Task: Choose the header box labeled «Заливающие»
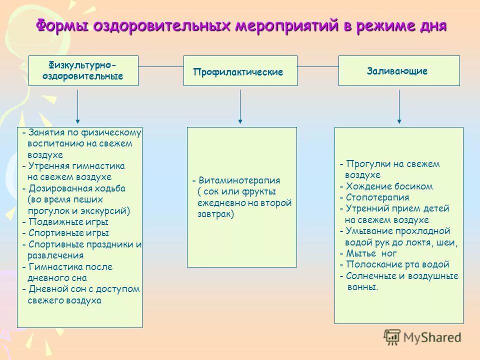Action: tap(399, 70)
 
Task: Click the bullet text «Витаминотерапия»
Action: tap(239, 180)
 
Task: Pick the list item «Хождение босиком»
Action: tap(389, 186)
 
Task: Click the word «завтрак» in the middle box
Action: tap(215, 214)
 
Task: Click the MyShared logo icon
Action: tap(392, 337)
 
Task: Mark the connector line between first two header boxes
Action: tap(160, 66)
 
